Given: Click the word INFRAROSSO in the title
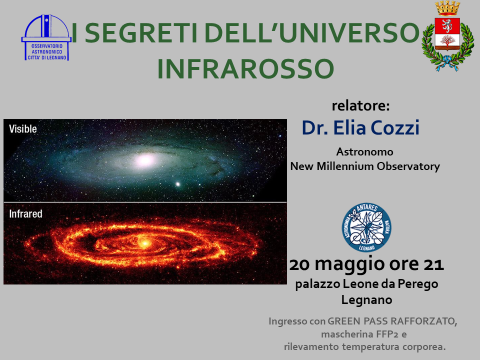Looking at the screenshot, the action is tap(245, 68).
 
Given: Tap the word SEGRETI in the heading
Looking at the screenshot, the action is tap(139, 33).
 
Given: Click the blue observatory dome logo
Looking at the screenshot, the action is tap(46, 37).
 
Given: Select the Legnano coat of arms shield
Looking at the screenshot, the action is tap(447, 33).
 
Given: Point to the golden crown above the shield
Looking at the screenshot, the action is tap(447, 8).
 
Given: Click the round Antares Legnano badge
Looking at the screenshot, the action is tap(366, 227).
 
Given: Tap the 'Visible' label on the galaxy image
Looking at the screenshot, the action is tap(23, 129).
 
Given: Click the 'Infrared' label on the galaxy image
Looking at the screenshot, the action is tap(25, 213).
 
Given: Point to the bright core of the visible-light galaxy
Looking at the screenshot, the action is tap(146, 160).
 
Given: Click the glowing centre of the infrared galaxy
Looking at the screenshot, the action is tap(144, 243).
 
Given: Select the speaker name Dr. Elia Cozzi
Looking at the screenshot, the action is tap(360, 127).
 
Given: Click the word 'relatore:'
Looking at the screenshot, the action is tap(361, 105).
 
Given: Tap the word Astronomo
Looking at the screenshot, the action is tap(365, 151).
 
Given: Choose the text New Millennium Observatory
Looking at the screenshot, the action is tap(365, 166).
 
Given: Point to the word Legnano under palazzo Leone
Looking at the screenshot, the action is tap(366, 299).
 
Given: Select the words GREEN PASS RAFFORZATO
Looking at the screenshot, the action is tap(392, 321).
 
